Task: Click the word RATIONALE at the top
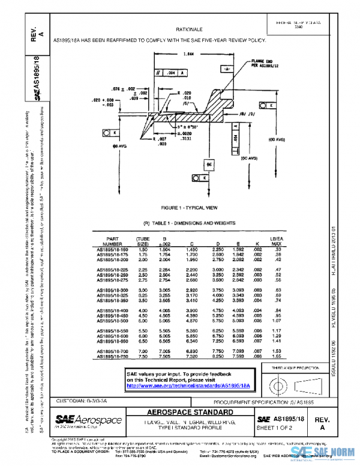188,29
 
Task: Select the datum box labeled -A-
227,70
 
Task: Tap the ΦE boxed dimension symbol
209,164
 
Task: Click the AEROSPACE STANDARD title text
181,413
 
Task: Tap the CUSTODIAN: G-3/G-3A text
82,399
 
